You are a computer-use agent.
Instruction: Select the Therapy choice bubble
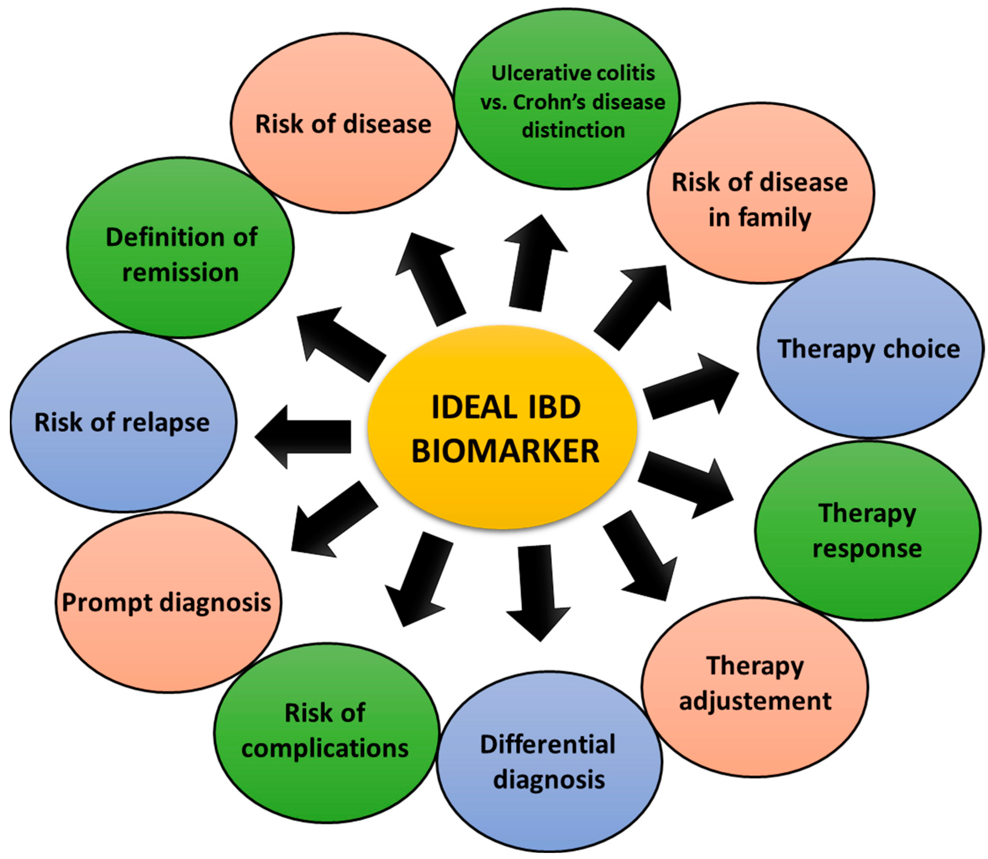click(x=869, y=348)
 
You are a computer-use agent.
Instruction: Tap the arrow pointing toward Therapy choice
click(x=690, y=388)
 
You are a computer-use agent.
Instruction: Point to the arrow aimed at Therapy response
click(x=685, y=484)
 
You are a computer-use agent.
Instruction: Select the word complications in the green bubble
click(x=325, y=748)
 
